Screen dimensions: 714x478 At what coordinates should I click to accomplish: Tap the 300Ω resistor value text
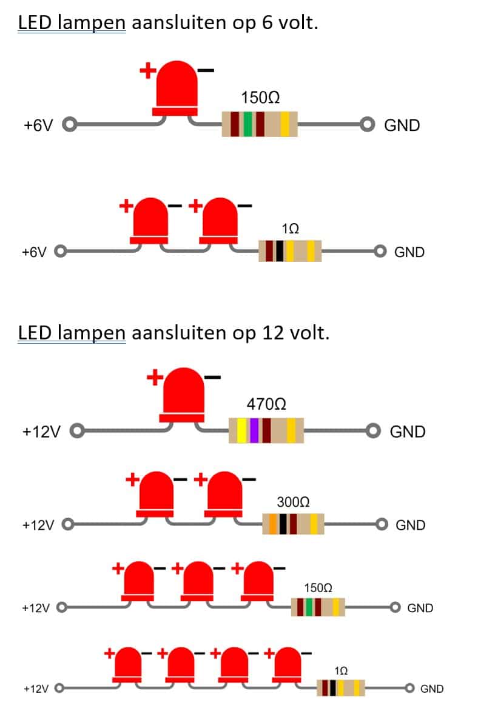coord(294,502)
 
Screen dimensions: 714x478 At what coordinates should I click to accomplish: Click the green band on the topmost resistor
coord(247,124)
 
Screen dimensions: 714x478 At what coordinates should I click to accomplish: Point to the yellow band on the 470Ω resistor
coord(241,430)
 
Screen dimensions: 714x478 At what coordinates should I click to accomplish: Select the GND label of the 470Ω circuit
coord(408,432)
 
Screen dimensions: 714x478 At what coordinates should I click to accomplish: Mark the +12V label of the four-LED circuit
coord(36,689)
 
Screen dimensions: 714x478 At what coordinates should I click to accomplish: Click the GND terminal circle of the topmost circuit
coord(368,125)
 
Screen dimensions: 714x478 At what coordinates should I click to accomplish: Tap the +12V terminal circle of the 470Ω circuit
coord(77,432)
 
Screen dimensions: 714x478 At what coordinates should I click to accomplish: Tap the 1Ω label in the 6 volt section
coord(290,229)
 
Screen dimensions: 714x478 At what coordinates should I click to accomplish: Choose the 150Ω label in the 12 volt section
coord(318,588)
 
